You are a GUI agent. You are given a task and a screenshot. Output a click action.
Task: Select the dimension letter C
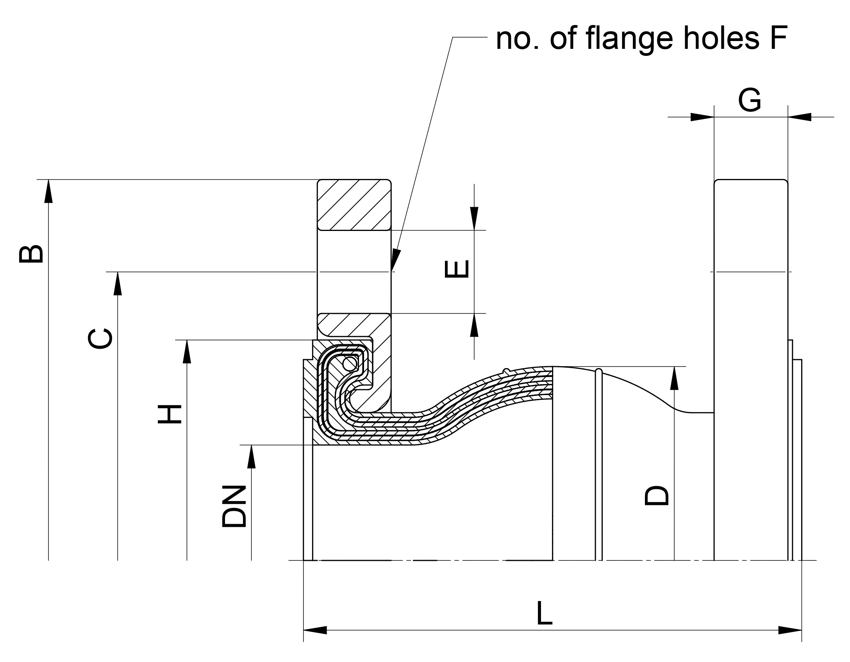100,338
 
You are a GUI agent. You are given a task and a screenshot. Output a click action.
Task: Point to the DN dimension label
234,506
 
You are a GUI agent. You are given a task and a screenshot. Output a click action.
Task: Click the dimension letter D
657,496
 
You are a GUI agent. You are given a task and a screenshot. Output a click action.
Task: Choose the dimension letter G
749,100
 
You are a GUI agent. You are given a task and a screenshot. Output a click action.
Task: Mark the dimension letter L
544,613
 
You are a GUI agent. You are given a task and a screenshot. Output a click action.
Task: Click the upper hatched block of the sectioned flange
354,204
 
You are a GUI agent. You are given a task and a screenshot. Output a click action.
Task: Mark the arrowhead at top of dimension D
674,378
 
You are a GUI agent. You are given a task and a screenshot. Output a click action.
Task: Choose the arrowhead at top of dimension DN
251,456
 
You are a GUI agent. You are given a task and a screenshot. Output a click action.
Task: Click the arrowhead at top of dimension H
187,351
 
